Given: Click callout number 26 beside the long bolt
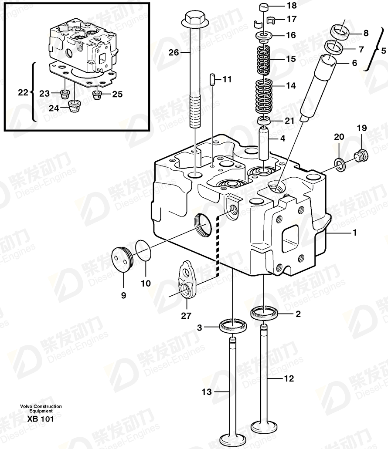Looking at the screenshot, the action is (174, 53).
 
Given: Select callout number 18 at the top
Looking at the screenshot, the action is (292, 5).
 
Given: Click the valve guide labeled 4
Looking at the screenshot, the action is (264, 143).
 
